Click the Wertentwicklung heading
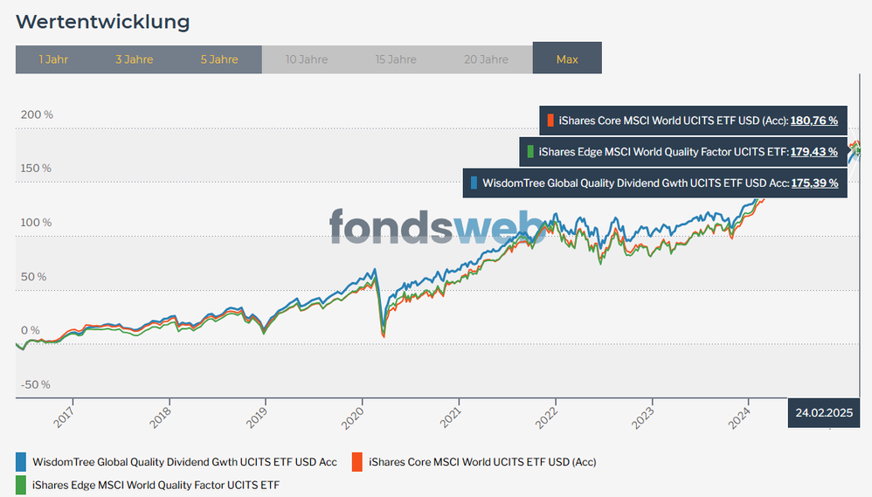click(x=102, y=20)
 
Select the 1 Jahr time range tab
click(x=53, y=59)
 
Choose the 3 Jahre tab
click(x=134, y=59)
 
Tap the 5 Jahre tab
click(x=218, y=59)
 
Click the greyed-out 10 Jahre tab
click(x=307, y=59)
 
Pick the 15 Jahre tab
click(x=396, y=59)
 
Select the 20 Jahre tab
click(x=487, y=59)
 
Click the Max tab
click(x=567, y=59)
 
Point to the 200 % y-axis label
click(x=37, y=114)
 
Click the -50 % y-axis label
click(x=37, y=384)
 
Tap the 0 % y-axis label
click(x=31, y=330)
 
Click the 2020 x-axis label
click(x=351, y=418)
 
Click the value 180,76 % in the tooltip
click(x=814, y=121)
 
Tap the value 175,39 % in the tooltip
click(x=814, y=183)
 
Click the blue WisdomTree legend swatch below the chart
click(x=21, y=461)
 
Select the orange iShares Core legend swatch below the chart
click(x=356, y=461)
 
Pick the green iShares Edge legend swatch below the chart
click(x=21, y=484)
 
